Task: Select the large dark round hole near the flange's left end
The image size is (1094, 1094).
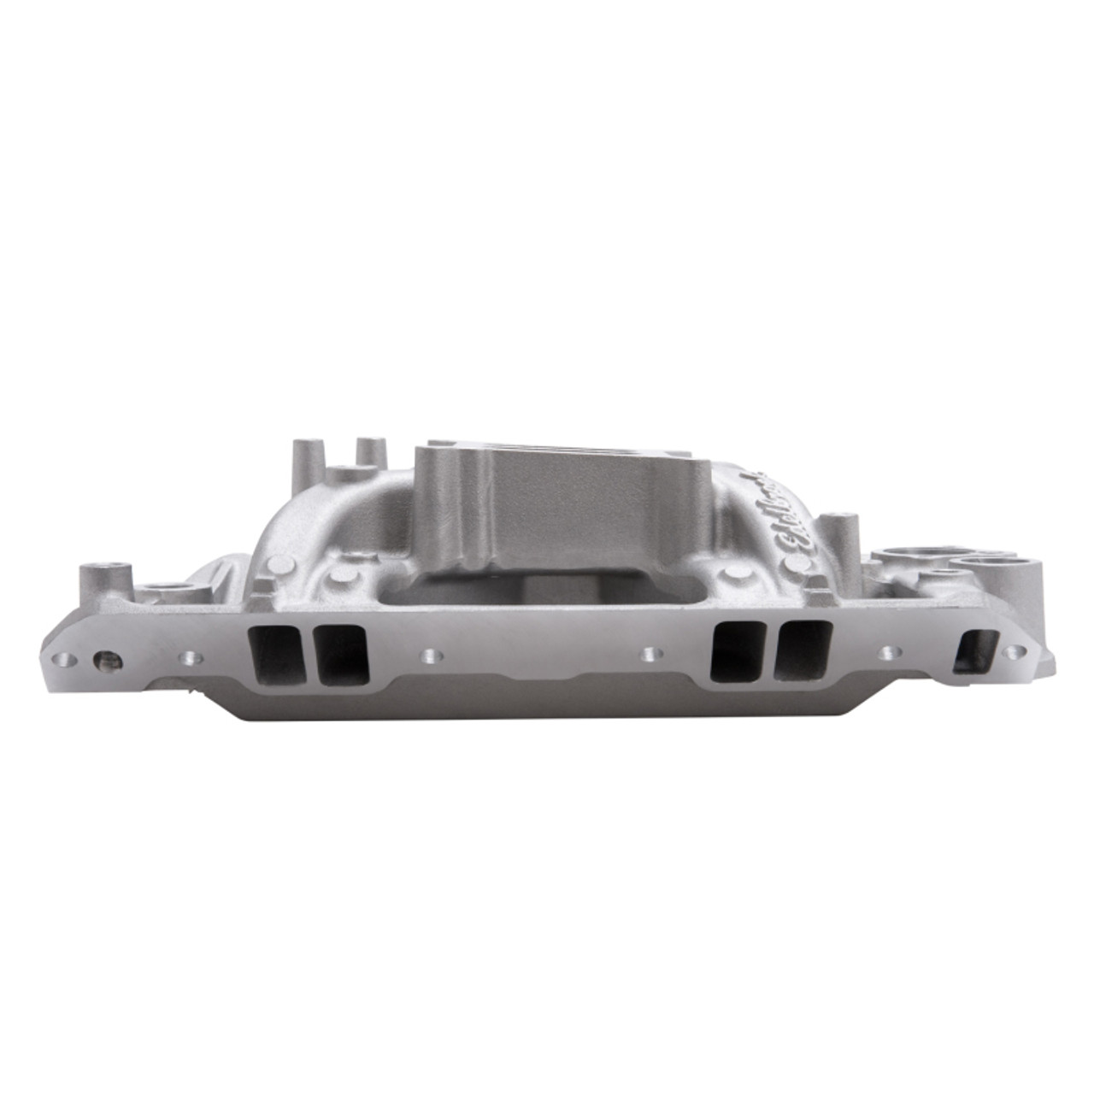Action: [106, 660]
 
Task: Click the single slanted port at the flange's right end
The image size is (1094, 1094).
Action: [974, 650]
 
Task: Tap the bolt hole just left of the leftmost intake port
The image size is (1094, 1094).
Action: [187, 658]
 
